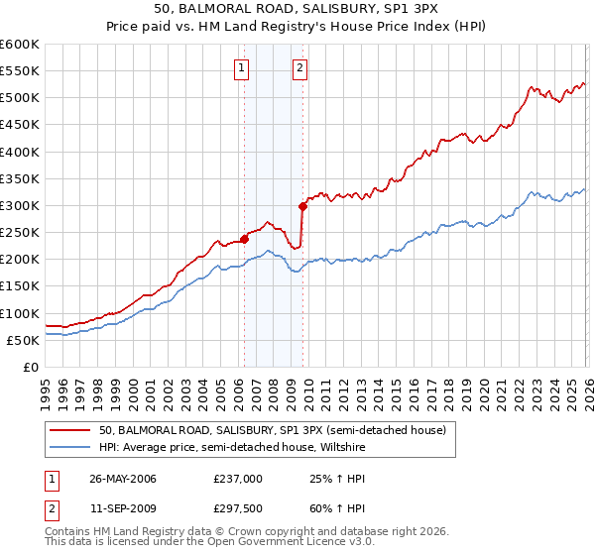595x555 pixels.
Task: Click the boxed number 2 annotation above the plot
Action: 299,68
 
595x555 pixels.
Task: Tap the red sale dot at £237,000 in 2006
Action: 244,239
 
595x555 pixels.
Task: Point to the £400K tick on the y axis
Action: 21,152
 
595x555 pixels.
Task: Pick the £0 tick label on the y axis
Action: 32,367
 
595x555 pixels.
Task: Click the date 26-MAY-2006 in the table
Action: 123,479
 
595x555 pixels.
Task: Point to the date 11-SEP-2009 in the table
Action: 123,508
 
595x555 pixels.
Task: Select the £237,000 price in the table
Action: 238,479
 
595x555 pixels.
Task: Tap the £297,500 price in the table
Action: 238,508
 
